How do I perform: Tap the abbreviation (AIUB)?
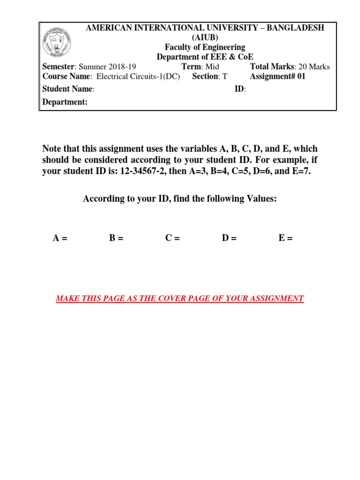[205, 37]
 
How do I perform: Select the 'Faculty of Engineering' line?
[205, 47]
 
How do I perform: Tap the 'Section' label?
[205, 76]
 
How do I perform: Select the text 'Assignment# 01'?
[277, 76]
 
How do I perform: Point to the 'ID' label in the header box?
[239, 89]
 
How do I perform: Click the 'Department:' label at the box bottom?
[65, 102]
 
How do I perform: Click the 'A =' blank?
[60, 239]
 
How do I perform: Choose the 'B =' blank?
[116, 239]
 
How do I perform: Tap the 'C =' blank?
[172, 239]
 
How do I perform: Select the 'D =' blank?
[229, 239]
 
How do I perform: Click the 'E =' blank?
[285, 239]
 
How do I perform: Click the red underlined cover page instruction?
[180, 299]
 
